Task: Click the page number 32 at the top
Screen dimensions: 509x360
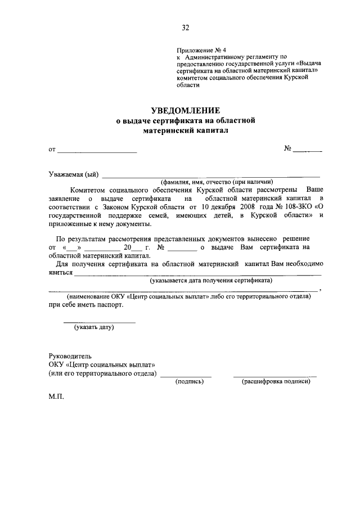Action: (x=185, y=28)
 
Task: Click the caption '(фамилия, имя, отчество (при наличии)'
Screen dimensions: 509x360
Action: (x=216, y=182)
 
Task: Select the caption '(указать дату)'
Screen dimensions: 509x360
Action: (x=94, y=327)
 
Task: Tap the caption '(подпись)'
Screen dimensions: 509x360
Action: (x=190, y=381)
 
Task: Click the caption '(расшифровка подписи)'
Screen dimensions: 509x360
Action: (x=276, y=381)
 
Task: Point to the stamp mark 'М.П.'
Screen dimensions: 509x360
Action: (x=57, y=397)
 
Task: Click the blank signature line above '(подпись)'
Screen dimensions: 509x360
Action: (x=186, y=375)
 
